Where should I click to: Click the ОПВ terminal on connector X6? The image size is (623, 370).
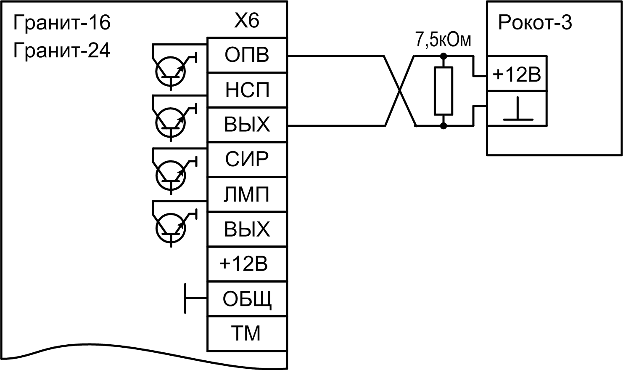tap(247, 55)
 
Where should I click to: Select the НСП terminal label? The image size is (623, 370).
tap(247, 90)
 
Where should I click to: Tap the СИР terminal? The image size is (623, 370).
tap(247, 160)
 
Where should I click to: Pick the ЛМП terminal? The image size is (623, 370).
tap(247, 194)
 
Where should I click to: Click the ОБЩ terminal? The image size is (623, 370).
tap(247, 299)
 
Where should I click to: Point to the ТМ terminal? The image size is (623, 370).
tap(247, 333)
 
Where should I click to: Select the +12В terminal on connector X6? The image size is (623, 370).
tap(244, 264)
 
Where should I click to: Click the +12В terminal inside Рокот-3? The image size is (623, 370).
tap(517, 75)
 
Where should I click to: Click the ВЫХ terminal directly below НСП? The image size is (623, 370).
tap(247, 125)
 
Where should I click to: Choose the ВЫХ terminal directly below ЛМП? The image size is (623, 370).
tap(247, 229)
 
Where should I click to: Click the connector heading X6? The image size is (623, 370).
tap(247, 21)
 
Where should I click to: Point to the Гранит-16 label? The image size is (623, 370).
tap(62, 23)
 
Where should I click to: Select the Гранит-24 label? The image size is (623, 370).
tap(62, 51)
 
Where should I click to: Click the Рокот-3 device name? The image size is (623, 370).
tap(535, 23)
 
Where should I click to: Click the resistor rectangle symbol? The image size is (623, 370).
tap(443, 91)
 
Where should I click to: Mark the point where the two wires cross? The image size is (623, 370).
tap(400, 91)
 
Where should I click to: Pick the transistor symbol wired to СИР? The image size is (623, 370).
tap(170, 176)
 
